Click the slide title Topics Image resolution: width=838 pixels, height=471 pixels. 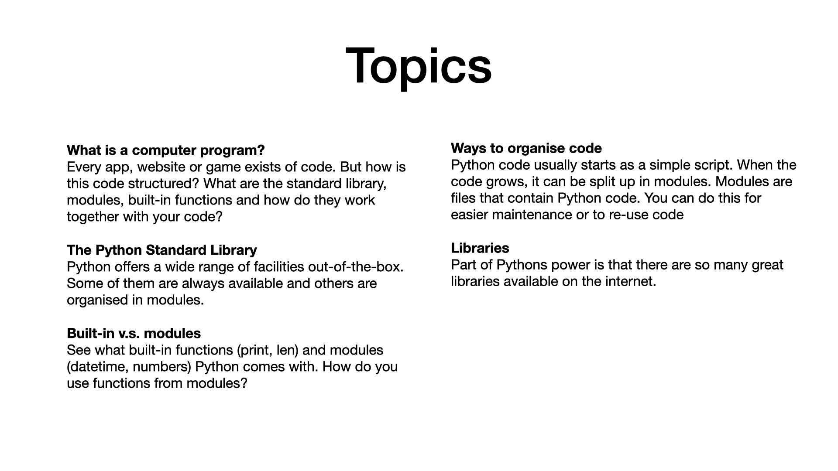(419, 66)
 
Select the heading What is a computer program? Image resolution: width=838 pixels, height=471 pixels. (166, 150)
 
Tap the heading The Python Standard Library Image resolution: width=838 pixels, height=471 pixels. (162, 250)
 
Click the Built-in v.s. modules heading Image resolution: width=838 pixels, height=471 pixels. (134, 333)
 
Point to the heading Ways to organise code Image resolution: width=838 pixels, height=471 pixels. (526, 149)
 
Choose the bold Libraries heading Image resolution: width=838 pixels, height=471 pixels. (480, 248)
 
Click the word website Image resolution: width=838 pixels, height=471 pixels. (161, 167)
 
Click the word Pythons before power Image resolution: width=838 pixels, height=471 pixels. (522, 265)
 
